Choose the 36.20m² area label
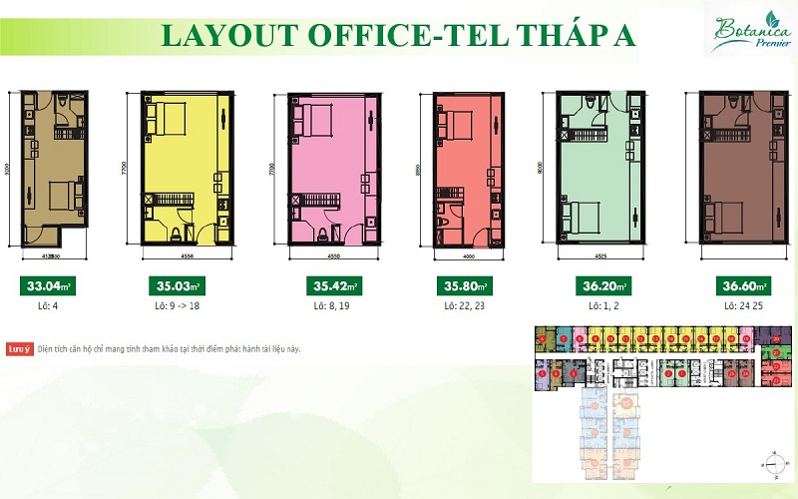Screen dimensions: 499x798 tap(593, 288)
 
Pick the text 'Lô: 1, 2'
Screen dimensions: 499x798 tap(593, 307)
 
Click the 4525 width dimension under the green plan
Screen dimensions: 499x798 tap(589, 252)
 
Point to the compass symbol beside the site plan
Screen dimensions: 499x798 tap(769, 463)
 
